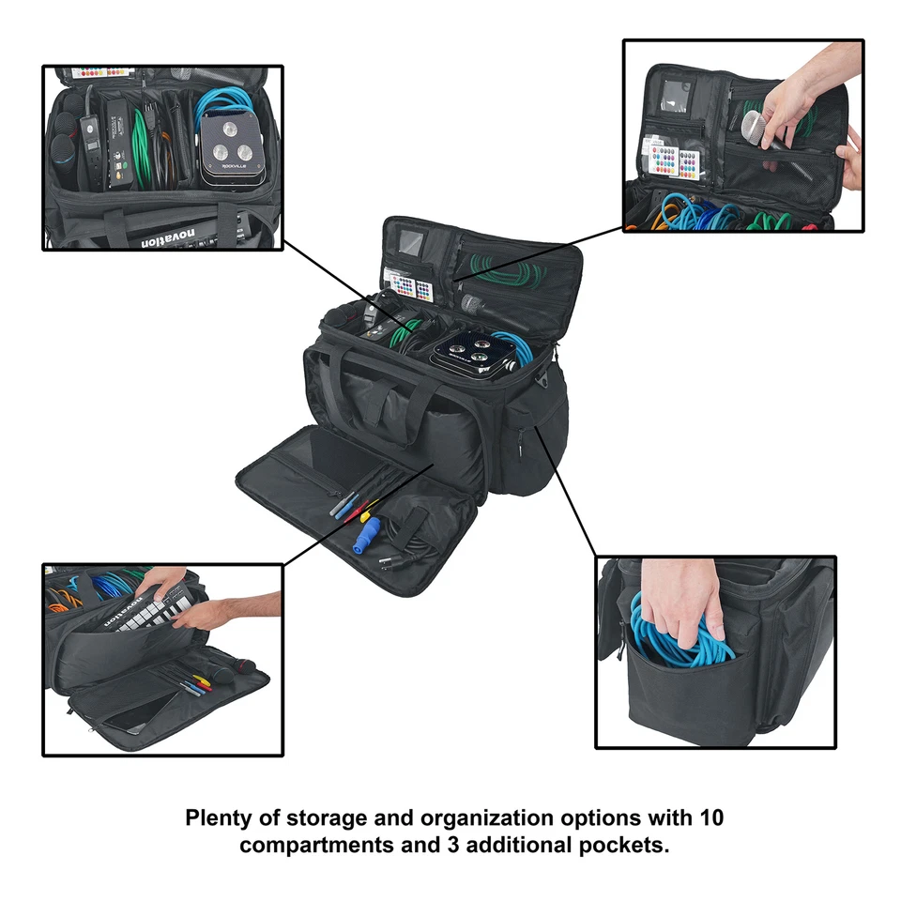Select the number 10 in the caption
click(710, 817)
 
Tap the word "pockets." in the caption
click(627, 845)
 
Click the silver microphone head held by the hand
click(754, 125)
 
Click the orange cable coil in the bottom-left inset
click(61, 595)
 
